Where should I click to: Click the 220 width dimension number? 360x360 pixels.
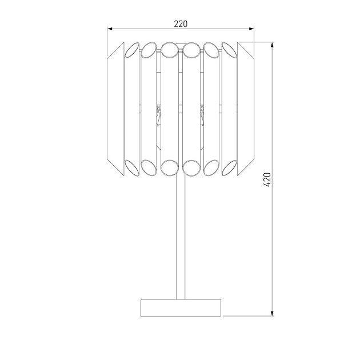[181, 23]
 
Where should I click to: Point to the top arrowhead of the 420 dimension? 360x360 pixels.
[272, 45]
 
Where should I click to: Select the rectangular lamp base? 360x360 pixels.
[181, 307]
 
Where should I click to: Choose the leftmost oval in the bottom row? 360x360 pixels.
[131, 167]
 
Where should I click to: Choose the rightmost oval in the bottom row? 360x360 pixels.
[230, 167]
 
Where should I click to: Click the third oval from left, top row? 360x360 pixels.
[170, 50]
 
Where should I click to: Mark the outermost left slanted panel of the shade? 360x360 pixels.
[116, 109]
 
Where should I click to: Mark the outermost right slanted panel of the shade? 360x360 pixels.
[246, 109]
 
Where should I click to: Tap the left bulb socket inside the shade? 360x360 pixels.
[158, 114]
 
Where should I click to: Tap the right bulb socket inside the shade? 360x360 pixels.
[202, 114]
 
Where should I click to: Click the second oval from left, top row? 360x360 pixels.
[150, 50]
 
